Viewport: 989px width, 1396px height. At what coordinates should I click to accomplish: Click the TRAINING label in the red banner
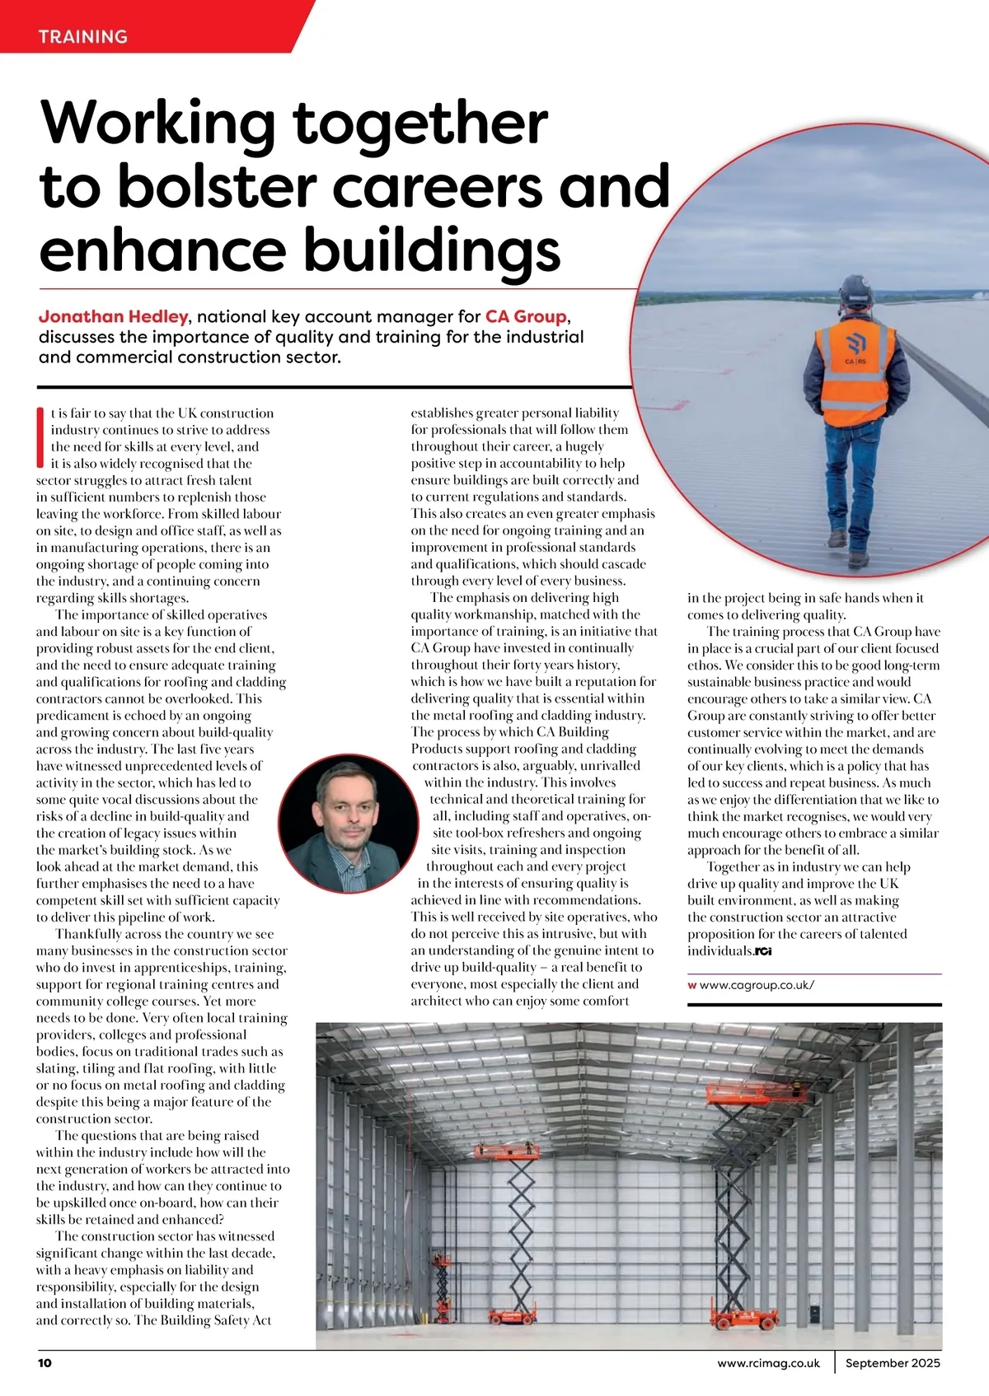tap(83, 36)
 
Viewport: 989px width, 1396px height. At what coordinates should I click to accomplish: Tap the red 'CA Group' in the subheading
tap(526, 316)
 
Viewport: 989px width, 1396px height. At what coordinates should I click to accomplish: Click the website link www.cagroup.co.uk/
tap(757, 984)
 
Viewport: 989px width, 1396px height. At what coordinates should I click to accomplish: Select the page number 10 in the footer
tap(45, 1362)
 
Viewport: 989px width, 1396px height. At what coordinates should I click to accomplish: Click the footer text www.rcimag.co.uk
tap(768, 1362)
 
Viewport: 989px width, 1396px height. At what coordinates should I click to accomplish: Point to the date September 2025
tap(893, 1362)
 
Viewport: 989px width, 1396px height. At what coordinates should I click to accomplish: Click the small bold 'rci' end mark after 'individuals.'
tap(763, 951)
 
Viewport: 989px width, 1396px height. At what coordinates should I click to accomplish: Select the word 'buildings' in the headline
tap(434, 250)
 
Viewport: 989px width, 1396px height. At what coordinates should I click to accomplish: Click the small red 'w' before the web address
tap(692, 984)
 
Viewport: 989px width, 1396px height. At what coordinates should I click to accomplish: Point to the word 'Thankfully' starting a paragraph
tap(90, 934)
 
